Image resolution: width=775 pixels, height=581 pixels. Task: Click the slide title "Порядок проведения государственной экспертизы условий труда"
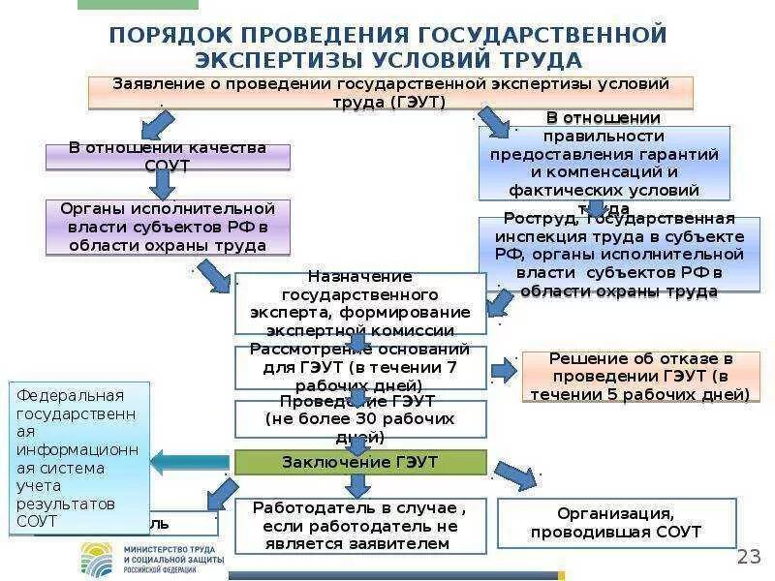tap(387, 46)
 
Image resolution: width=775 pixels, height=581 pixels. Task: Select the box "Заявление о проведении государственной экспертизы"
tap(391, 92)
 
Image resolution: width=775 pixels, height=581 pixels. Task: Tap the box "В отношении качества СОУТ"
tap(168, 157)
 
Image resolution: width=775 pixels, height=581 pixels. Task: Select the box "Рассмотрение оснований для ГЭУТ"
tap(360, 367)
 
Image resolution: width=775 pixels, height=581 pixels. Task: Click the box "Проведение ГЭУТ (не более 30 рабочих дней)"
tap(360, 418)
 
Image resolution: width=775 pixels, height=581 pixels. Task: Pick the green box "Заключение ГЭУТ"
tap(360, 462)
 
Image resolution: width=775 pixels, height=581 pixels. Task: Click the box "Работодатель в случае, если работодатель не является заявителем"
tap(360, 525)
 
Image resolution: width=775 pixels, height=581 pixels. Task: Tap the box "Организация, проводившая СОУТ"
tap(616, 523)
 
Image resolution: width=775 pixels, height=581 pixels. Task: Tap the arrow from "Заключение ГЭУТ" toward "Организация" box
tap(516, 475)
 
